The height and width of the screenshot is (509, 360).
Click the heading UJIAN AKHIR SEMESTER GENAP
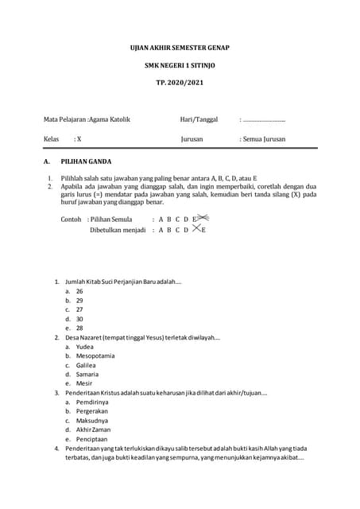(180, 49)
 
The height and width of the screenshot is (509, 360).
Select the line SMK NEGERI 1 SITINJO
(180, 66)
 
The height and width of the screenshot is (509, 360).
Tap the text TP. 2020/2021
(180, 84)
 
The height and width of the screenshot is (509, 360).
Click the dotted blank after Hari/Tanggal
(263, 120)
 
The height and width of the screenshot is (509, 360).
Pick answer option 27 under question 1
(79, 309)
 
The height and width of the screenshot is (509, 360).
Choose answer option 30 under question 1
(79, 318)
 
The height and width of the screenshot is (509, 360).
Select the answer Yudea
(86, 347)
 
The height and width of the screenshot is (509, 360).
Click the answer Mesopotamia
(96, 356)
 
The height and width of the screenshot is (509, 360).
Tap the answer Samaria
(88, 374)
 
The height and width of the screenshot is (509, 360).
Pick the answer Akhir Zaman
(94, 429)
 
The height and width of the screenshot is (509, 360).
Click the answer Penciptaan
(93, 438)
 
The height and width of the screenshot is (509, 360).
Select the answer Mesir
(84, 383)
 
